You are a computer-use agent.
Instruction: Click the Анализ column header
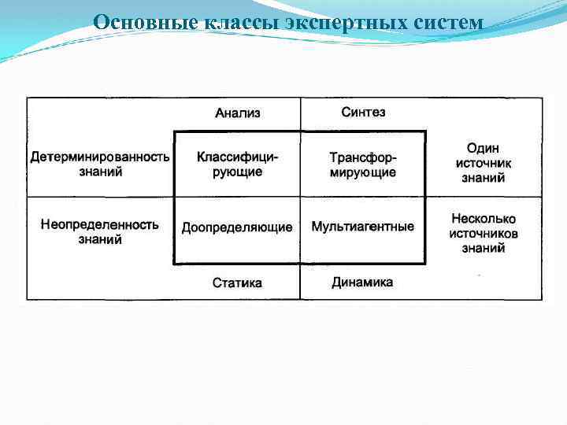[x=237, y=113]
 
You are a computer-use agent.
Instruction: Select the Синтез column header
[x=363, y=113]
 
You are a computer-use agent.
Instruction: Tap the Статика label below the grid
[x=237, y=283]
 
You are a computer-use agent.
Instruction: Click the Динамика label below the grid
[x=362, y=282]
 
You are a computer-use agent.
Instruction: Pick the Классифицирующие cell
[x=237, y=164]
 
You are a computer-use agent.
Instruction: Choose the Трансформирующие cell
[x=363, y=164]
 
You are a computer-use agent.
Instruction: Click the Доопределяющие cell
[x=237, y=227]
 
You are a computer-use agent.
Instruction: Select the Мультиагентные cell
[x=363, y=227]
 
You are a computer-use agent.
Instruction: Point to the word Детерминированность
[x=100, y=157]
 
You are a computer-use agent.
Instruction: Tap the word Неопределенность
[x=100, y=224]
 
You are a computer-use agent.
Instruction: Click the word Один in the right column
[x=483, y=148]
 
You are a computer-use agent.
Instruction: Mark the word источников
[x=484, y=234]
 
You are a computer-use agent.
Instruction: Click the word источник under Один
[x=484, y=163]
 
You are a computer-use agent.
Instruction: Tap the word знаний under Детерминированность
[x=100, y=172]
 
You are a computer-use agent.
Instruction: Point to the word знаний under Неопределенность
[x=100, y=239]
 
